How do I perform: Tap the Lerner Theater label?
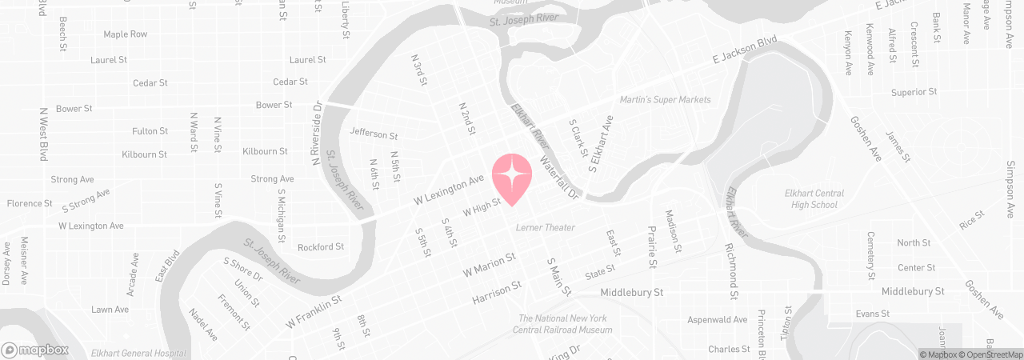[x=546, y=228]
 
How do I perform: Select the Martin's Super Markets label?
[x=665, y=100]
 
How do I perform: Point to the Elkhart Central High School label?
[x=813, y=199]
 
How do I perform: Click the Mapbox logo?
[x=34, y=350]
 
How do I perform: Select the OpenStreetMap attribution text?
[x=993, y=354]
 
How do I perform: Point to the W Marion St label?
[x=489, y=266]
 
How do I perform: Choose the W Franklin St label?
[x=314, y=312]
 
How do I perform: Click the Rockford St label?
[x=321, y=247]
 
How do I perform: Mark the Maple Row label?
[x=126, y=34]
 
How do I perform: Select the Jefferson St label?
[x=374, y=134]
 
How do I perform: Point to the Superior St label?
[x=914, y=92]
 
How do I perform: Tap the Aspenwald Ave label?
[x=718, y=320]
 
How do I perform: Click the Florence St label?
[x=30, y=204]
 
